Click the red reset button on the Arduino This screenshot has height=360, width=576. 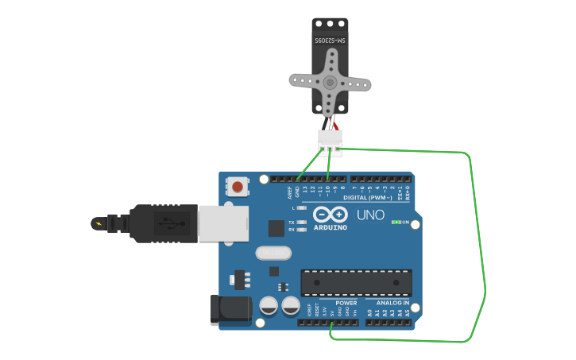pos(237,188)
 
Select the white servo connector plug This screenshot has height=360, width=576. pos(330,139)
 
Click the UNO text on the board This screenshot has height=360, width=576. pos(370,215)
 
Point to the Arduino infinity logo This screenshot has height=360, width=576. pos(331,214)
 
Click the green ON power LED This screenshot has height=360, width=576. pos(396,223)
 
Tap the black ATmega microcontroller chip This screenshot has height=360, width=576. pos(356,282)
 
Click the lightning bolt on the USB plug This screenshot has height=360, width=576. pos(99,223)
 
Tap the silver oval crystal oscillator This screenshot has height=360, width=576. pos(274,254)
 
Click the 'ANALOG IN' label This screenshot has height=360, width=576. pos(392,303)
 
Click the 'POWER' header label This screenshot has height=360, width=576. pos(346,303)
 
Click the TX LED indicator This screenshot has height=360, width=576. pos(301,222)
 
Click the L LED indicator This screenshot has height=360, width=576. pos(301,207)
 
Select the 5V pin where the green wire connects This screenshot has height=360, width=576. pos(331,323)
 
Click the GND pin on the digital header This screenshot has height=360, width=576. pos(298,180)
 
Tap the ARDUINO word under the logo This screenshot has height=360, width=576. pos(331,227)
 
